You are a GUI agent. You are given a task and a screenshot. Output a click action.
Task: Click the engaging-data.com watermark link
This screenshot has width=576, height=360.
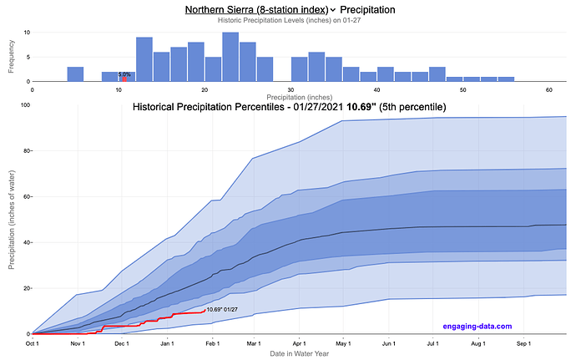(476, 326)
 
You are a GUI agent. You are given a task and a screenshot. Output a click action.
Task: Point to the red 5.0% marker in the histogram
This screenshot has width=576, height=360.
(124, 79)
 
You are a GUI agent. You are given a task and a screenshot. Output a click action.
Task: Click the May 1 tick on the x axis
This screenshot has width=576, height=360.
(342, 342)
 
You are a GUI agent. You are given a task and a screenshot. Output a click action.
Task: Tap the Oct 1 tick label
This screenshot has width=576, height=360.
(33, 342)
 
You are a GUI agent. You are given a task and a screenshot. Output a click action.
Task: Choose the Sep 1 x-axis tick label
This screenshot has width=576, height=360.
(524, 342)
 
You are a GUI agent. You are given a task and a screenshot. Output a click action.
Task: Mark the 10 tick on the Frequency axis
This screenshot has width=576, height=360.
(27, 33)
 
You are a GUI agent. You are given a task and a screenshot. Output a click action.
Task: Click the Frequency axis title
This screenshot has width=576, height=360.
(11, 55)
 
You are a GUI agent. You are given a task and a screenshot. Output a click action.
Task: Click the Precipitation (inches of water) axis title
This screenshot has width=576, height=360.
(11, 219)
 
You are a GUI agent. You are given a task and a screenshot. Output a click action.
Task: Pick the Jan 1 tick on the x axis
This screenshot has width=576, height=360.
(168, 342)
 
